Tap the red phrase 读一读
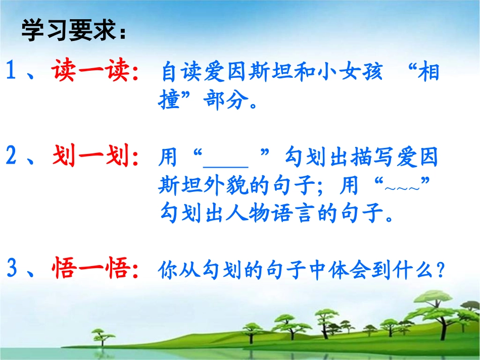pos(90,70)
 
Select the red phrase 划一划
pos(90,156)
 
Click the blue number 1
pos(11,70)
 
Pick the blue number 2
pos(11,156)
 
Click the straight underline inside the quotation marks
pos(226,167)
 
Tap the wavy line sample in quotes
pos(402,188)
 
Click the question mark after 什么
pos(441,270)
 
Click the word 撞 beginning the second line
pos(169,99)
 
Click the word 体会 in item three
pos(350,270)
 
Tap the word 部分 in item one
pos(226,99)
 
